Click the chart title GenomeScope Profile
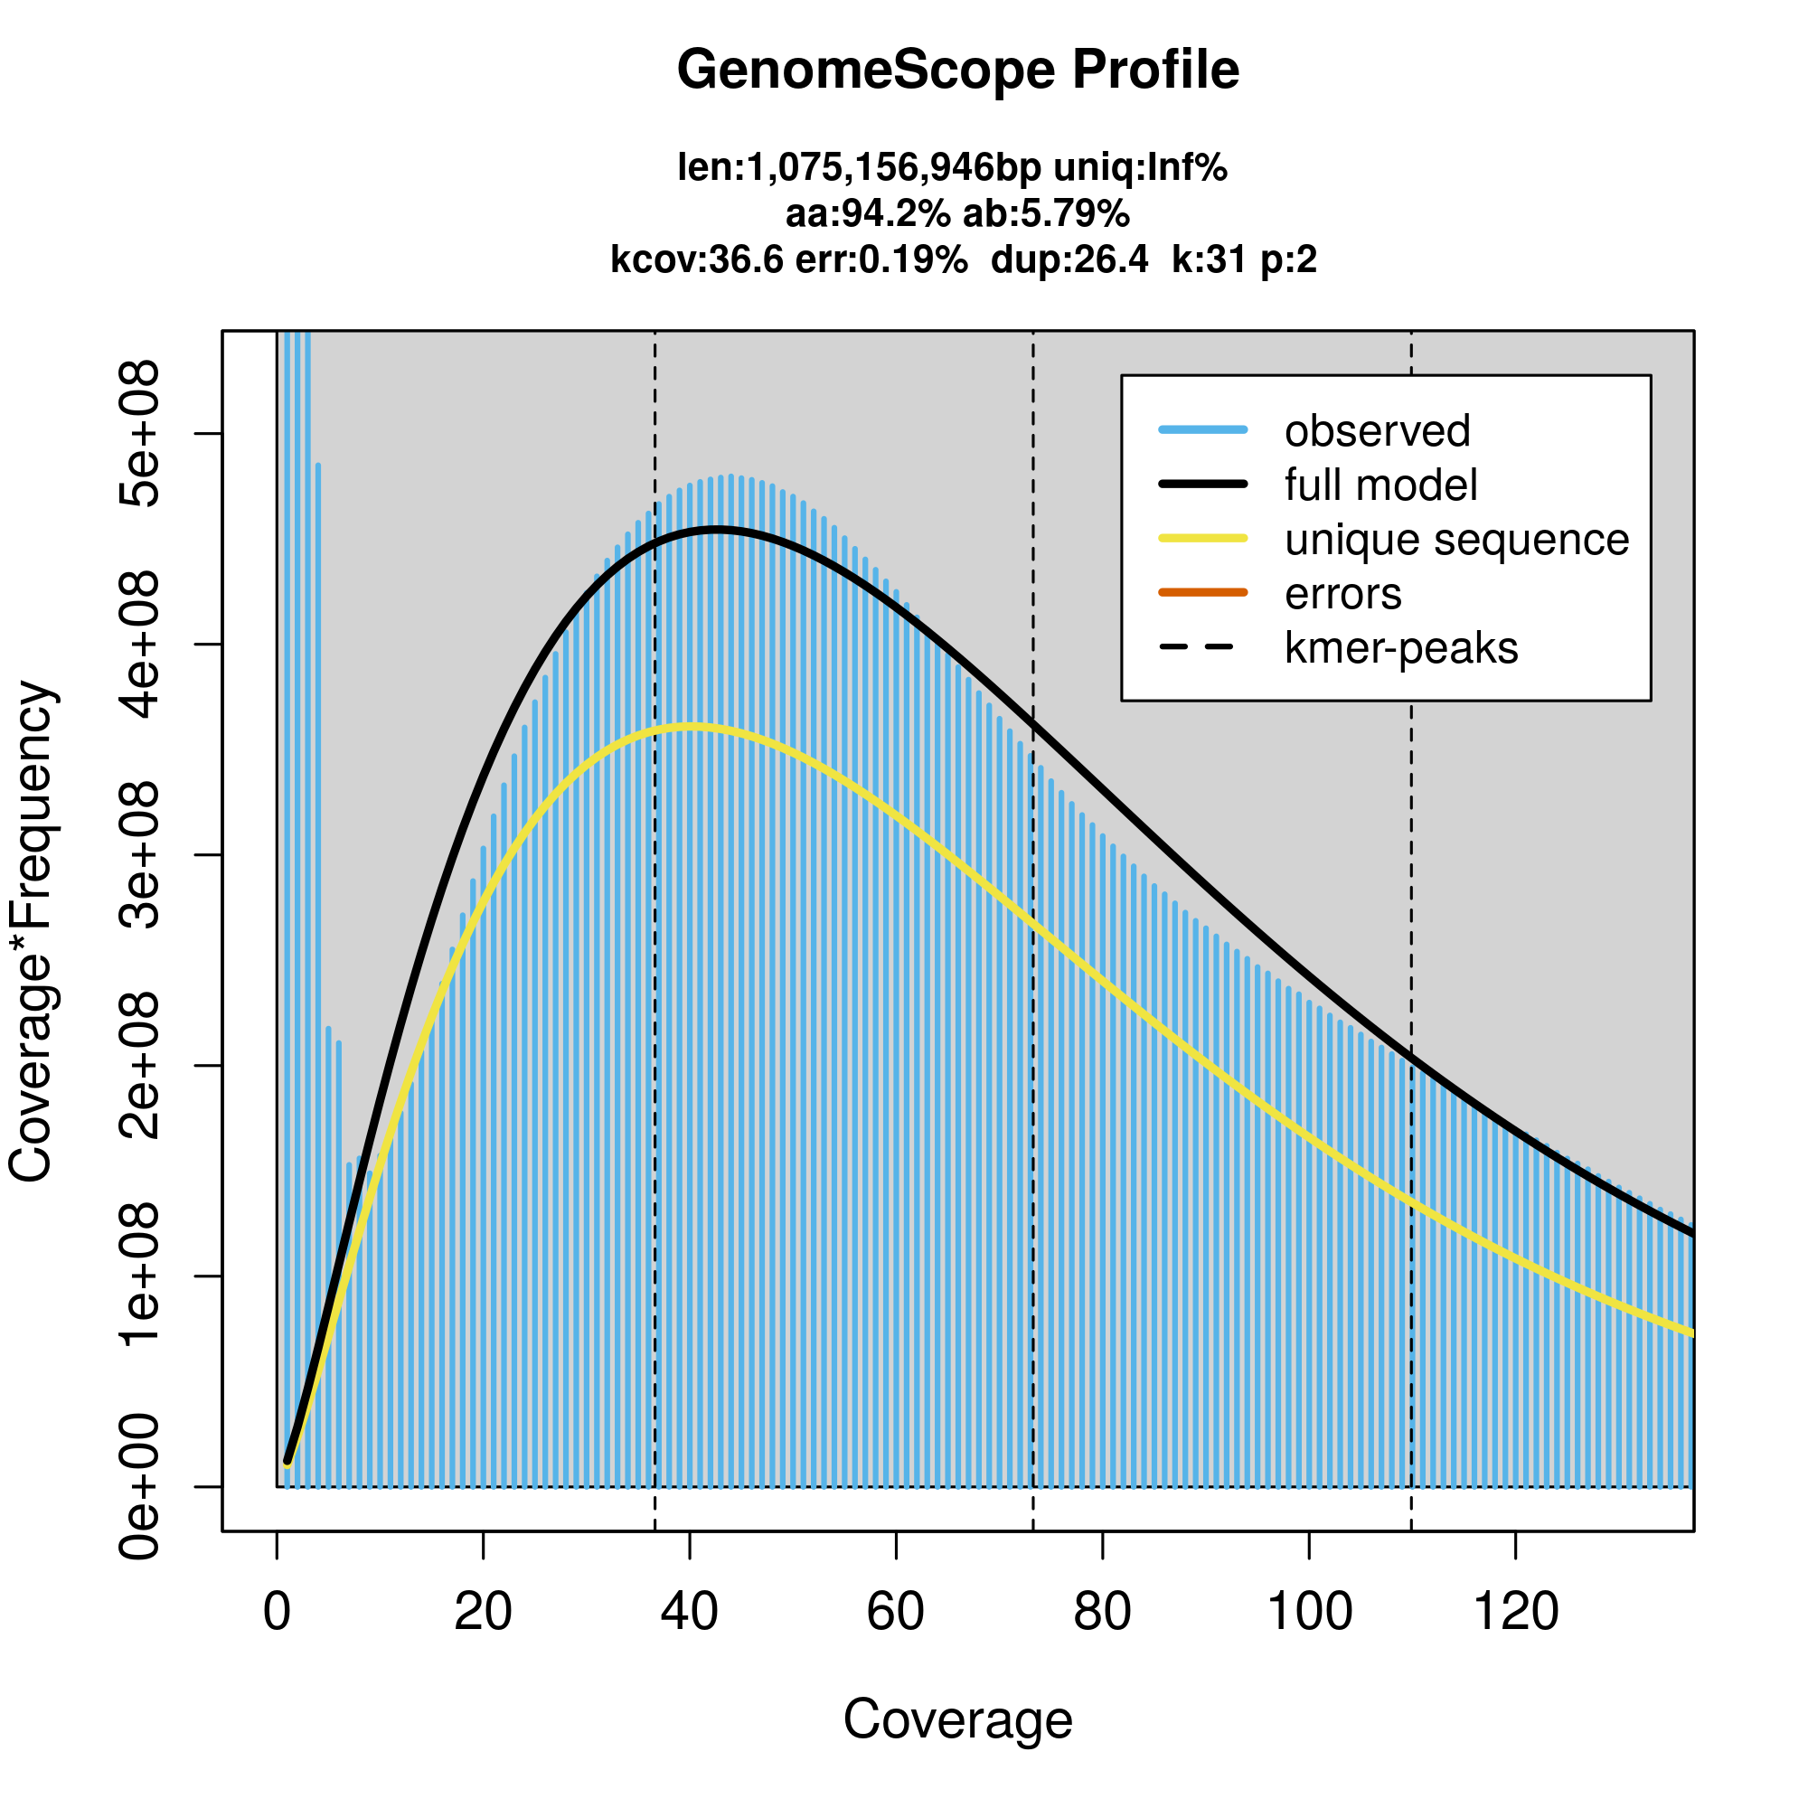tap(957, 71)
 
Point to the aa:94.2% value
tap(868, 214)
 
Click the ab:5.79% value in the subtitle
tap(1046, 214)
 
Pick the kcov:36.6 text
tap(696, 259)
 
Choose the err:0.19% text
tap(880, 259)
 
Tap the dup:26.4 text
tap(1069, 259)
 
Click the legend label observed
tap(1377, 431)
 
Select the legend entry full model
tap(1380, 485)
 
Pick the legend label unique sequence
tap(1456, 540)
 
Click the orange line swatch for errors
tap(1202, 592)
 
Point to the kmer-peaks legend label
tap(1401, 647)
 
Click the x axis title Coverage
tap(957, 1719)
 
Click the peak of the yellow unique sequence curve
tap(691, 727)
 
